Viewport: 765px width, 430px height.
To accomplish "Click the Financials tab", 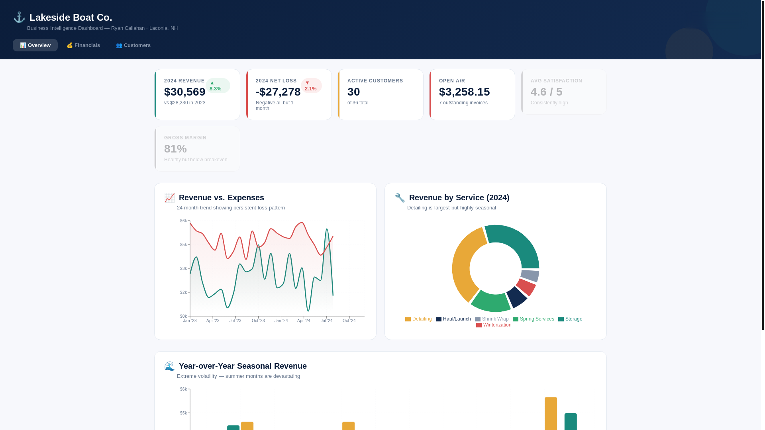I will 83,45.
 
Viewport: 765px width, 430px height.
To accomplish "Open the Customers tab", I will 133,45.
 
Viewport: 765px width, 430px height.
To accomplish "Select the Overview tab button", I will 35,45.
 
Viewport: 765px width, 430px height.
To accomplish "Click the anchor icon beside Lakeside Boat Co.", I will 19,17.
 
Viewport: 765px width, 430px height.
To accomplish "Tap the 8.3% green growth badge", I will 218,86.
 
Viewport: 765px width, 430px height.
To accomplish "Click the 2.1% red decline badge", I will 311,86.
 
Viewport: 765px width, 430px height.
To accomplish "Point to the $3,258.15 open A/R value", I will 464,92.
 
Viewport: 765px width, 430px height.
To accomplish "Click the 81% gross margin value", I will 175,149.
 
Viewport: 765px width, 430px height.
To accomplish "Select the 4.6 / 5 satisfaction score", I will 546,92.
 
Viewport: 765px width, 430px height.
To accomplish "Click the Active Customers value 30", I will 353,92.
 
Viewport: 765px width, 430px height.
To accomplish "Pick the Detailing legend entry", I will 418,319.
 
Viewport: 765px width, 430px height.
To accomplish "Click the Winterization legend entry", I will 494,325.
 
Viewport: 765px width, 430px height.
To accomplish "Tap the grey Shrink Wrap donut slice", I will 530,276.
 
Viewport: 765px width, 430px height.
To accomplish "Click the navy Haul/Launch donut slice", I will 517,297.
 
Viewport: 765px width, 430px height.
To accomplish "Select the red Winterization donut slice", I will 526,287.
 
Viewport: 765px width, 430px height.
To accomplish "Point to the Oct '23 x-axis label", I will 258,321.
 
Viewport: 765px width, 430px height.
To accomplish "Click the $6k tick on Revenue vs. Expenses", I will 183,221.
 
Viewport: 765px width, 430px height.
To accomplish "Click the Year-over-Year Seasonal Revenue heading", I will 243,366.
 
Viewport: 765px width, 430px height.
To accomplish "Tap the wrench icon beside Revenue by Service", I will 400,197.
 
